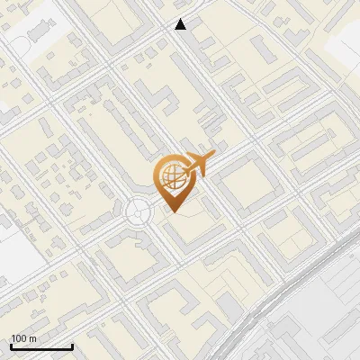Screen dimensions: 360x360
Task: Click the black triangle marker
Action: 181,24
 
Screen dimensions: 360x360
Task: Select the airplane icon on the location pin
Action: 197,164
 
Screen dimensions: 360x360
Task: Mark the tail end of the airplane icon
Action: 183,167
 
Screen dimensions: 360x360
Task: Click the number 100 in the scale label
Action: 18,338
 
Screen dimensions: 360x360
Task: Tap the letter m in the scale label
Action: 31,338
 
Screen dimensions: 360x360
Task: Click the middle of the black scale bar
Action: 41,347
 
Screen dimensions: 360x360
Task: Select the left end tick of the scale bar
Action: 11,346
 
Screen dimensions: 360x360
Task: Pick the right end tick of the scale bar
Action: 72,346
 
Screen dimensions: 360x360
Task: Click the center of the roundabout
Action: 138,212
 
